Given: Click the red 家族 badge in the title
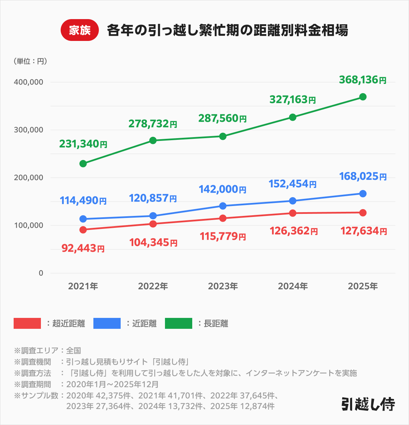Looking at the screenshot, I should (x=79, y=30).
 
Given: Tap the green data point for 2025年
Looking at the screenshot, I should (x=363, y=97).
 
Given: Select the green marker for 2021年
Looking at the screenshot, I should (x=83, y=164).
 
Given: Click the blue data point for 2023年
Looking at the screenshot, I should (x=223, y=206).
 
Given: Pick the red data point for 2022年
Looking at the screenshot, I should (x=153, y=224).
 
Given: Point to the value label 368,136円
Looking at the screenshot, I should (x=363, y=80).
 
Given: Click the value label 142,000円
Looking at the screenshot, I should (x=223, y=189).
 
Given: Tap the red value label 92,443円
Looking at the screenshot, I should (x=83, y=248).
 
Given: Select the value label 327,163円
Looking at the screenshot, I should (x=292, y=99).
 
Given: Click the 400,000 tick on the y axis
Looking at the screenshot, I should (x=29, y=82).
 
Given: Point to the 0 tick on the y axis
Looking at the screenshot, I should (x=41, y=273).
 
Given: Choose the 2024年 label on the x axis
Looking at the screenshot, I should (x=293, y=286).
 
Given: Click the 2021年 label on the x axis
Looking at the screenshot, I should (x=83, y=286).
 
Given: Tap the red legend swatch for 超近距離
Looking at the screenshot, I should (x=27, y=323).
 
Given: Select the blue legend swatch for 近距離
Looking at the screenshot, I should (x=107, y=323).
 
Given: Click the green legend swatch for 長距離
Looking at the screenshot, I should (x=179, y=323).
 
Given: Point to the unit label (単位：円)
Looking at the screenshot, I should (x=30, y=61).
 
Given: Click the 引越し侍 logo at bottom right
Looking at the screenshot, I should (x=368, y=404).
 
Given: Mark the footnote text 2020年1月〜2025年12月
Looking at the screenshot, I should (x=112, y=384).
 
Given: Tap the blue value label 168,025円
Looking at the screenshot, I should (x=363, y=176).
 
